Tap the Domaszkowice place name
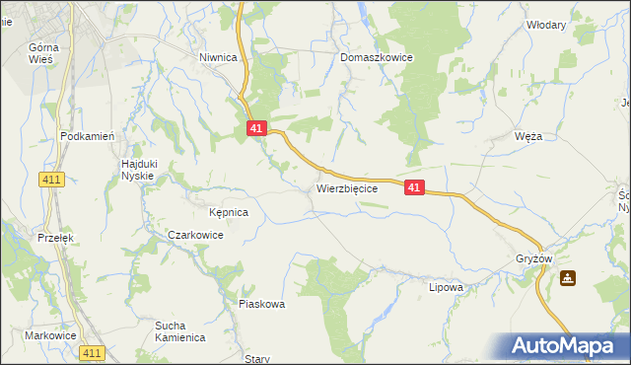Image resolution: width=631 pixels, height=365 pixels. (377, 58)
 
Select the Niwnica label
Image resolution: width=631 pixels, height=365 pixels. (218, 58)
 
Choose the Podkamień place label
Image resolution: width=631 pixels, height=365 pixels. (89, 137)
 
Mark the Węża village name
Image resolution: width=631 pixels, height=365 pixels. (528, 136)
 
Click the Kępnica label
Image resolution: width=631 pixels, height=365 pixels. (229, 212)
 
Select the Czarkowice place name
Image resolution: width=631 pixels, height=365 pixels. (195, 236)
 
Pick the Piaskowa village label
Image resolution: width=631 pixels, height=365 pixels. (261, 304)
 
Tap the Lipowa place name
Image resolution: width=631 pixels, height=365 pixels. (446, 288)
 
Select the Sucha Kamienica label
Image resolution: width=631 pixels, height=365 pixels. (179, 330)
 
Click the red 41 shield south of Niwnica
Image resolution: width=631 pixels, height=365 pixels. (256, 128)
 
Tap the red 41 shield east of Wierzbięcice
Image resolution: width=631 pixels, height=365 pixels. (414, 186)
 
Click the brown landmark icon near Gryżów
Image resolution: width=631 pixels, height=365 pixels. (568, 278)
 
